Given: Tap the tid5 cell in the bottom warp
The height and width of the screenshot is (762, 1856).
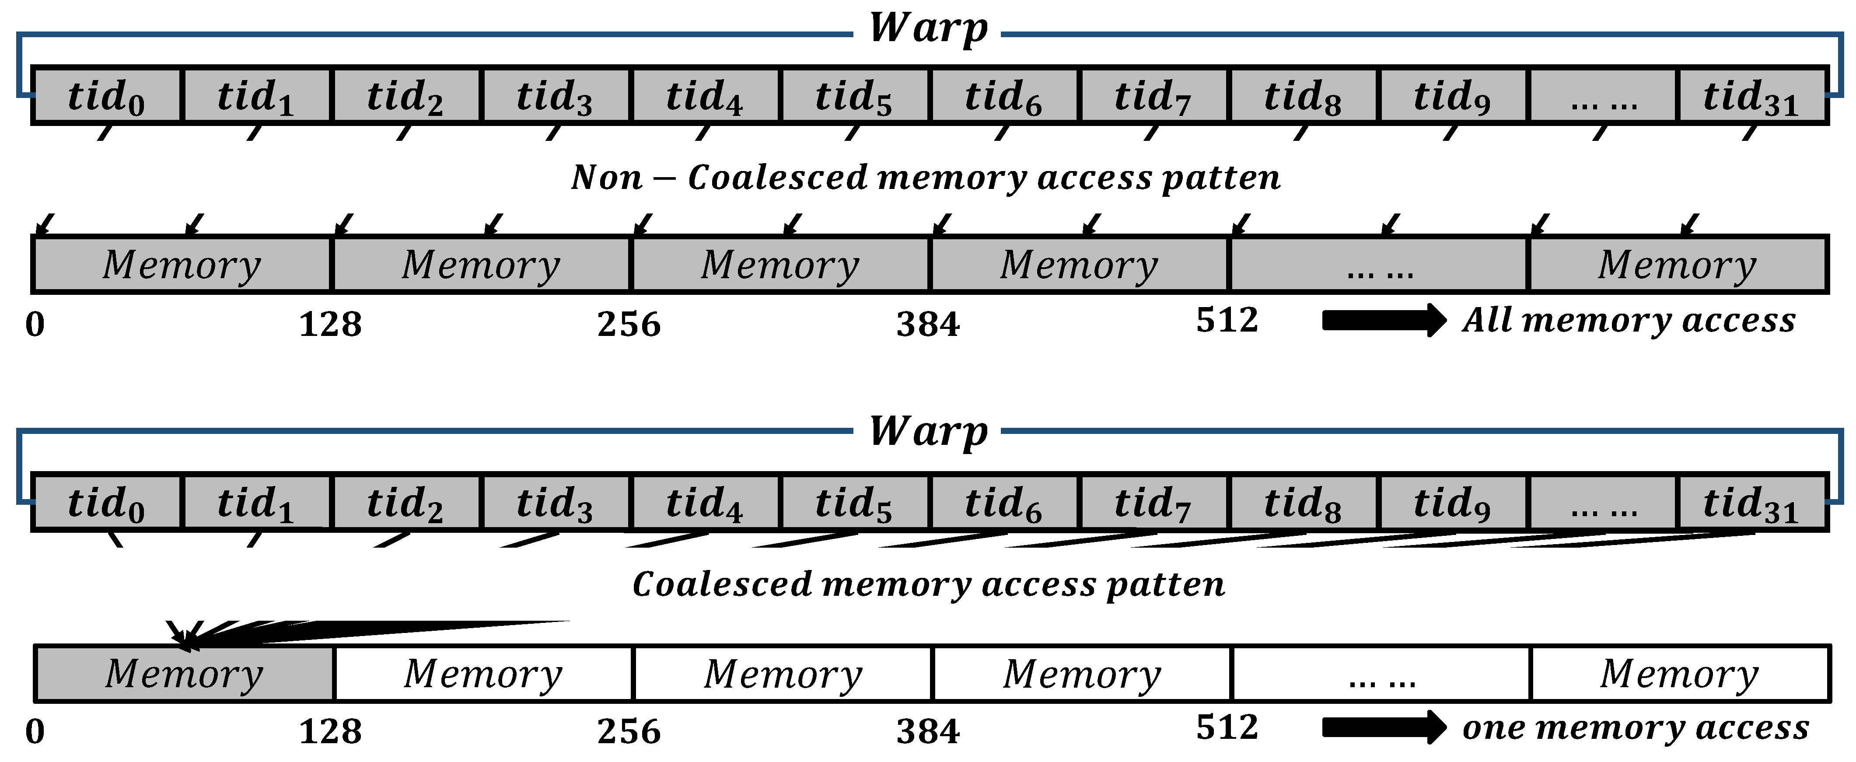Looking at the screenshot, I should (x=854, y=503).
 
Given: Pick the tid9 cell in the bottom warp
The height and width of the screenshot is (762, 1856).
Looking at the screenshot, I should (x=1452, y=503).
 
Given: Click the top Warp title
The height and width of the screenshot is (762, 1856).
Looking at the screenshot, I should (x=928, y=29).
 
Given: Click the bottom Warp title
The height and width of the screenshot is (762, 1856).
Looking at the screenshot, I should (x=928, y=432).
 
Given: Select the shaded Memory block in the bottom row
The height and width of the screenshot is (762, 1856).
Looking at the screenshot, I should (x=185, y=673).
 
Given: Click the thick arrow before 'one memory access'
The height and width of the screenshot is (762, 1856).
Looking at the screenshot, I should (x=1383, y=727).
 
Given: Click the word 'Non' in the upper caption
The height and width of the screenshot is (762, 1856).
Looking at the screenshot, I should (x=607, y=177).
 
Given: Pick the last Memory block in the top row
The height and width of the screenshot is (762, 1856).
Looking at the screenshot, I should (x=1678, y=264).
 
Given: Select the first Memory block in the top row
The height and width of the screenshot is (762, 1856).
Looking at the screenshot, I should (x=182, y=264).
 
